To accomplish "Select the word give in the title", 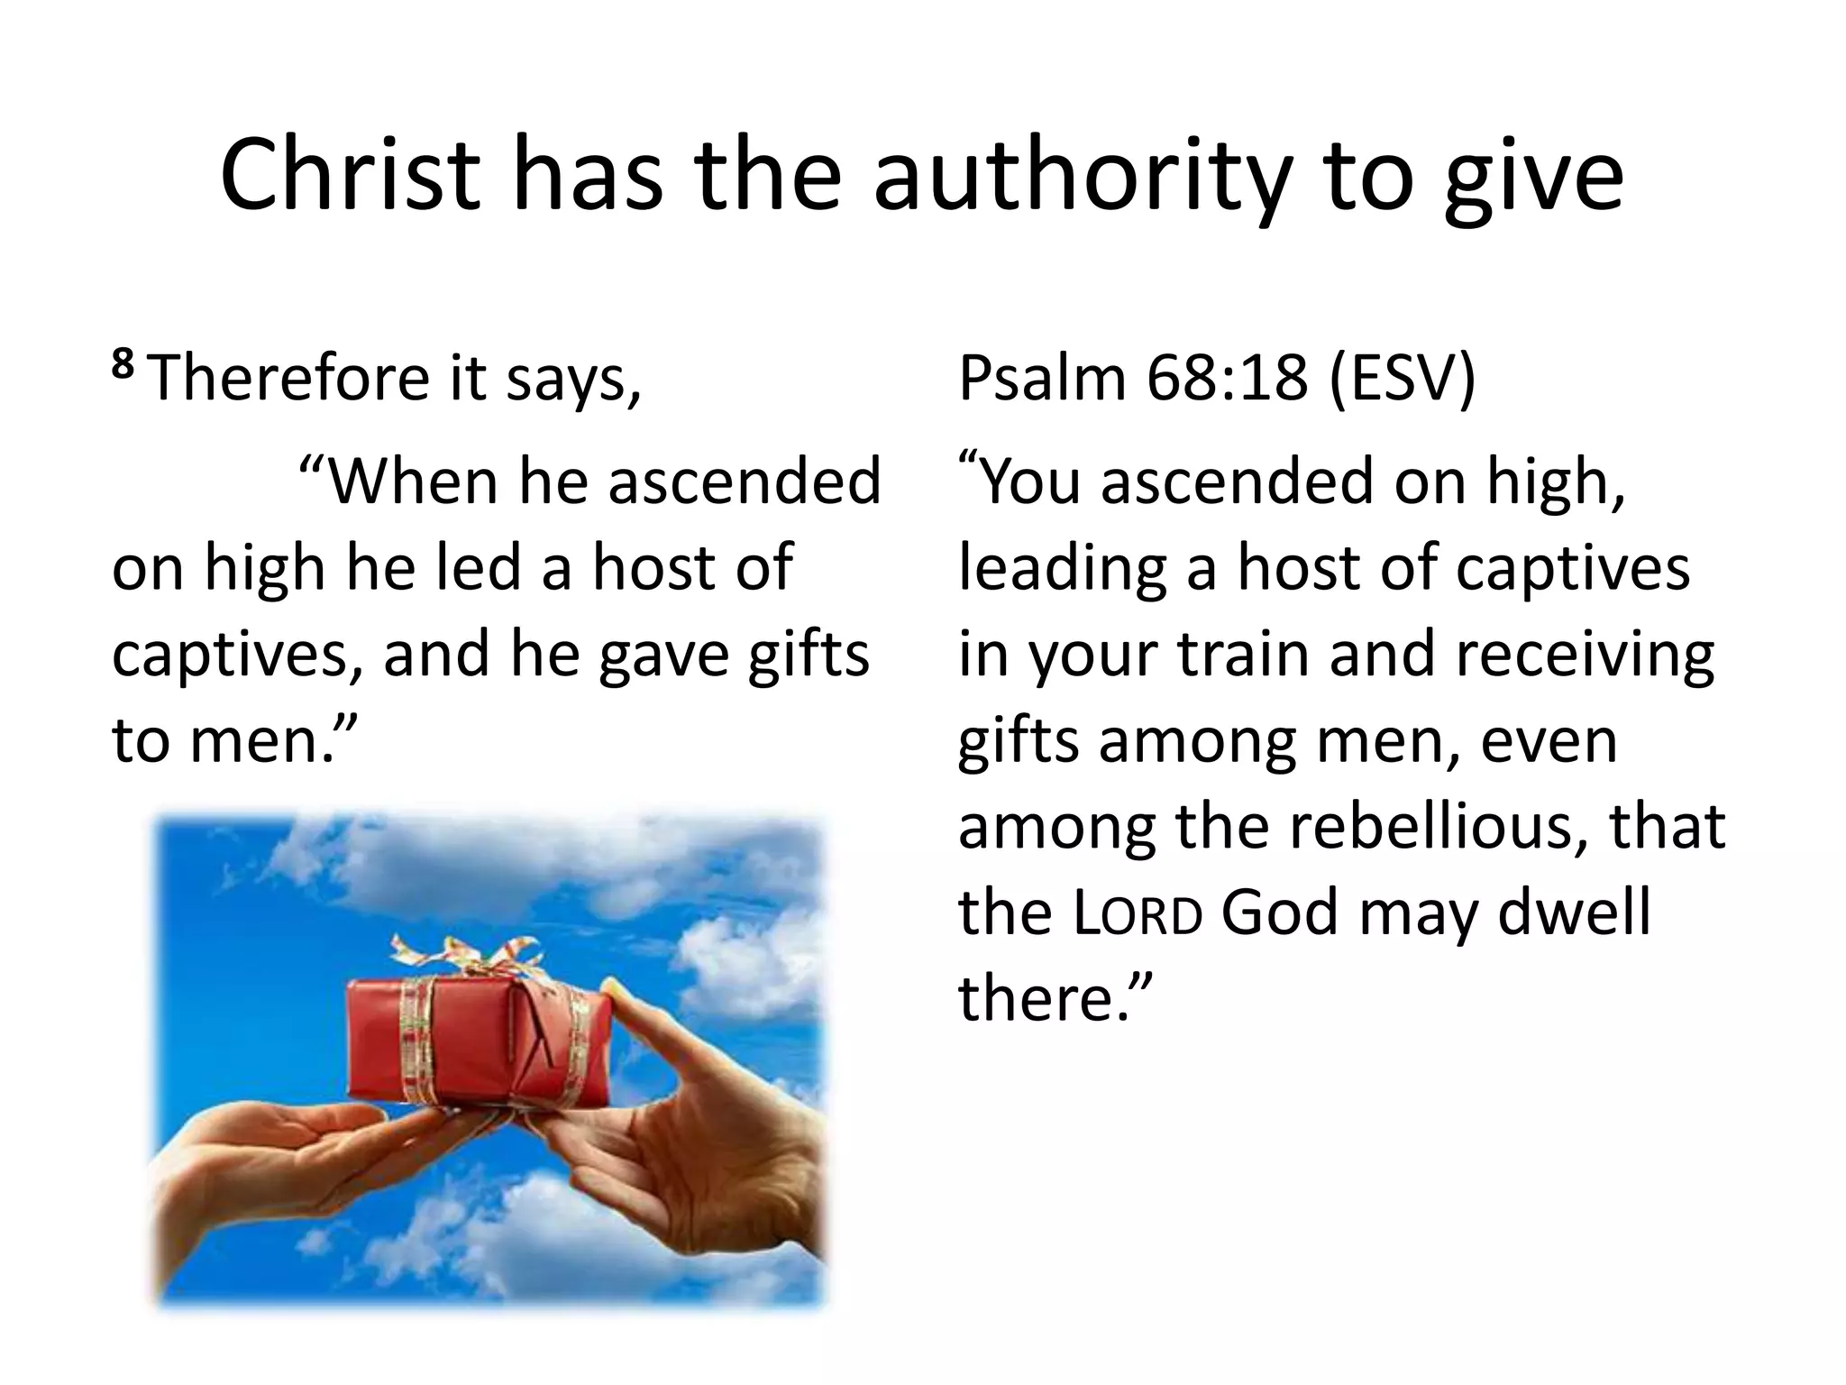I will click(x=1532, y=178).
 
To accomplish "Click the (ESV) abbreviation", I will click(x=1402, y=379).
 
